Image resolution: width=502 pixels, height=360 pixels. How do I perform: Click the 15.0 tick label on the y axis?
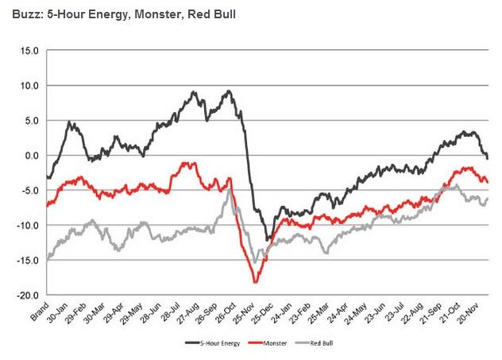click(30, 50)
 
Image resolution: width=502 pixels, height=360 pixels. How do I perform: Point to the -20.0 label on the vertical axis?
click(28, 295)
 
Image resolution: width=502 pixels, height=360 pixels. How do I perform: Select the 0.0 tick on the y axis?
click(32, 155)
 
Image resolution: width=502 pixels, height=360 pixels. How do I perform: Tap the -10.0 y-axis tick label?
click(28, 225)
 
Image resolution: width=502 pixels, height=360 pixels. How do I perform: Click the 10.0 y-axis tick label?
click(30, 85)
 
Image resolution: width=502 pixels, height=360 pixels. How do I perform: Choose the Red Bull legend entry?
click(315, 344)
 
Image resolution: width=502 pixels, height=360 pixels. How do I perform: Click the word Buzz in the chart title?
click(19, 14)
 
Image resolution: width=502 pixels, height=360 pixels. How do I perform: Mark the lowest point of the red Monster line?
click(256, 282)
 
